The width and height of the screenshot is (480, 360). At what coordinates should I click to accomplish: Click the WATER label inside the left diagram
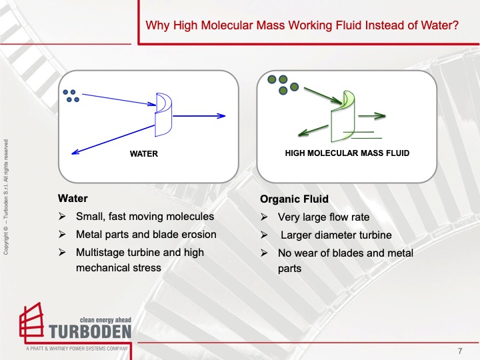[x=144, y=154]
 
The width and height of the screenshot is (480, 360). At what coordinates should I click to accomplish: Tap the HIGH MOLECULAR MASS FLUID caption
[x=347, y=153]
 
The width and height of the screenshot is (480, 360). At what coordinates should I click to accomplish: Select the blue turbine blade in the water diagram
[x=164, y=115]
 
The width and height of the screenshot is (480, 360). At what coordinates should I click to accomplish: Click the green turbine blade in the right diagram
[x=343, y=116]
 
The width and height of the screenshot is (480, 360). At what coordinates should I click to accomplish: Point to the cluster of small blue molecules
[x=71, y=96]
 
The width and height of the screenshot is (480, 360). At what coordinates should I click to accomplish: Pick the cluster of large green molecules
[x=283, y=85]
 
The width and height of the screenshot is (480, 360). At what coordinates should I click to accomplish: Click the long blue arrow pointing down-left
[x=113, y=139]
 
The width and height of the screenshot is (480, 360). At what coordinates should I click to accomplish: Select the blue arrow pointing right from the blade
[x=199, y=116]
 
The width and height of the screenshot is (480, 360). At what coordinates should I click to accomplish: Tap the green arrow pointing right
[x=372, y=116]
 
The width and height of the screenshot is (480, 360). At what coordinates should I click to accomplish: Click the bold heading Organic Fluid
[x=294, y=199]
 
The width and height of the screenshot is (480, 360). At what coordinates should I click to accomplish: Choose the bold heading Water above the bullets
[x=73, y=199]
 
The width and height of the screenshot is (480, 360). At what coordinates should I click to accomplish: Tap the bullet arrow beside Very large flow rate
[x=264, y=217]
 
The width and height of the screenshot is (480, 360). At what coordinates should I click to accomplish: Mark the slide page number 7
[x=460, y=351]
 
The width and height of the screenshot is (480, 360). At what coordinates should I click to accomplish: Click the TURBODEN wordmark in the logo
[x=90, y=332]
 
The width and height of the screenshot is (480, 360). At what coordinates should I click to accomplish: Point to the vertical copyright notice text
[x=6, y=197]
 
